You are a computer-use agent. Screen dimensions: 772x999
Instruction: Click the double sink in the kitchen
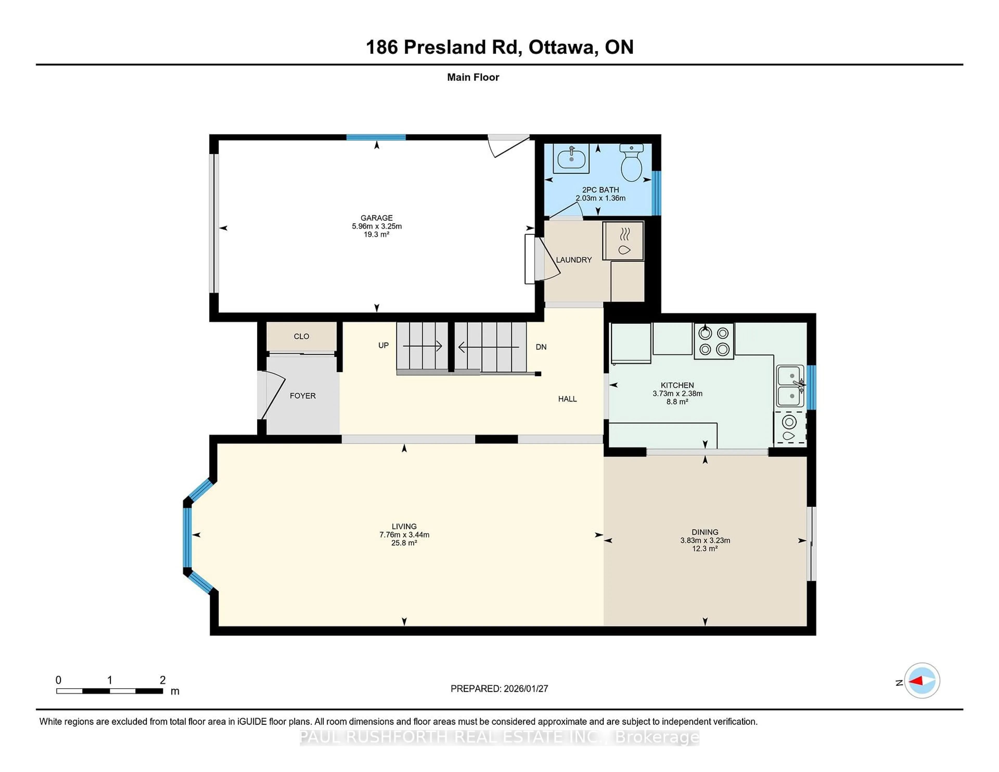tap(790, 387)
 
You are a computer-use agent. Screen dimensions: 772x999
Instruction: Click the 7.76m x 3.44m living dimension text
tap(404, 535)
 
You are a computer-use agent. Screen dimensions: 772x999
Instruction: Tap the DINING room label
tap(705, 532)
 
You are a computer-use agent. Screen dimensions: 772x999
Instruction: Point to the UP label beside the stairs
tap(383, 345)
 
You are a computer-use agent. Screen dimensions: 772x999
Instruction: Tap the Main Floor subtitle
tap(473, 77)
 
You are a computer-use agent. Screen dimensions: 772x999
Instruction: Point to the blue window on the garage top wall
tap(376, 137)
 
